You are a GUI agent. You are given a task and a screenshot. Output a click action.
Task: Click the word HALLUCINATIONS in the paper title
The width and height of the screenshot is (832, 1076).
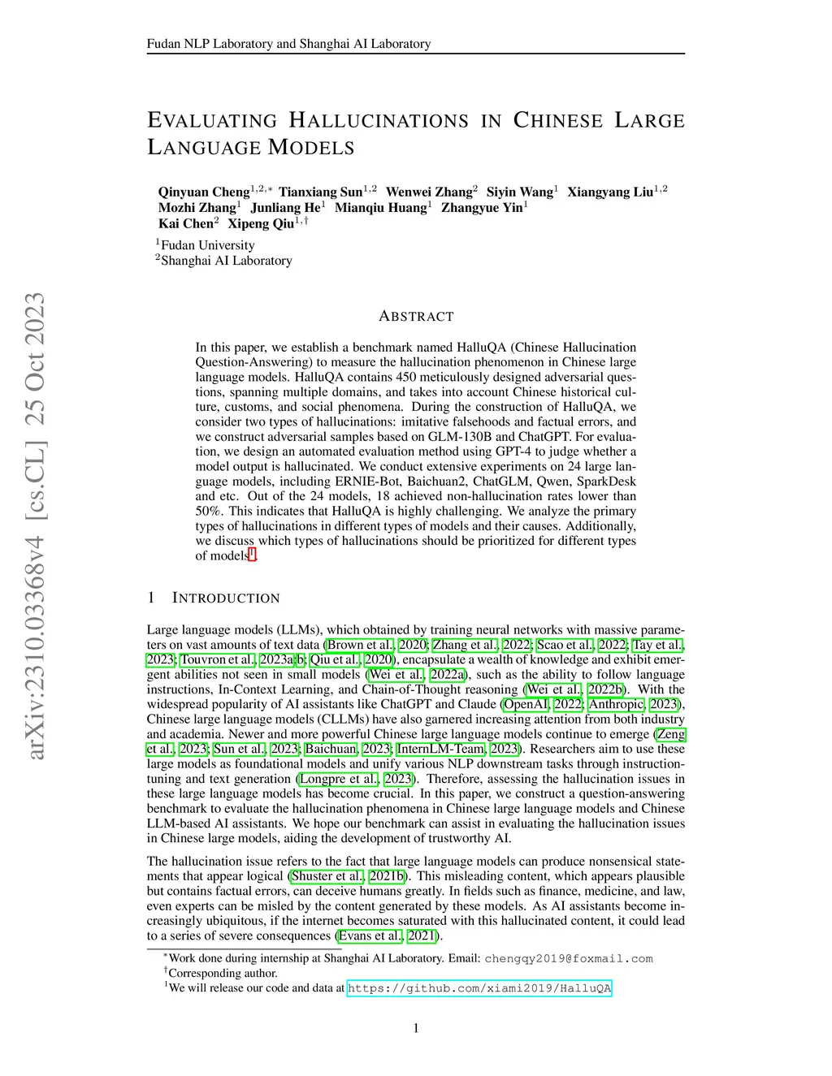[x=379, y=121]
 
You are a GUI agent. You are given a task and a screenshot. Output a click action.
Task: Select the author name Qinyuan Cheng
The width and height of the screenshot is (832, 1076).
[x=204, y=192]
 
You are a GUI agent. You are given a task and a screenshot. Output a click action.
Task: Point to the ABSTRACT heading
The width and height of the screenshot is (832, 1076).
[x=416, y=317]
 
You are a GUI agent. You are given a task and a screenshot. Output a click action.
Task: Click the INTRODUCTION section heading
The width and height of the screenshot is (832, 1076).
[x=226, y=598]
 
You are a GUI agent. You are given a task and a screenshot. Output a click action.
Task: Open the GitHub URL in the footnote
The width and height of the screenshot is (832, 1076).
[x=479, y=988]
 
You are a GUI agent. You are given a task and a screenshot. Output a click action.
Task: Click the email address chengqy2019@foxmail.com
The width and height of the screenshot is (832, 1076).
[x=569, y=958]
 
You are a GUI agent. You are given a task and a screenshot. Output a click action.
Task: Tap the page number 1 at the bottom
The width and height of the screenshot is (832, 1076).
[x=416, y=1028]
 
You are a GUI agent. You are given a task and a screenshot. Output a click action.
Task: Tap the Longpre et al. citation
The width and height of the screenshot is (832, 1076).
[x=339, y=779]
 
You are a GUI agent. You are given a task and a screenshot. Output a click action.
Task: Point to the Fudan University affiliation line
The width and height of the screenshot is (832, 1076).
[x=207, y=245]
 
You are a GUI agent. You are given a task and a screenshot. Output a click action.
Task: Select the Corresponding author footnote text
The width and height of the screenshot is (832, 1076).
[x=223, y=973]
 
